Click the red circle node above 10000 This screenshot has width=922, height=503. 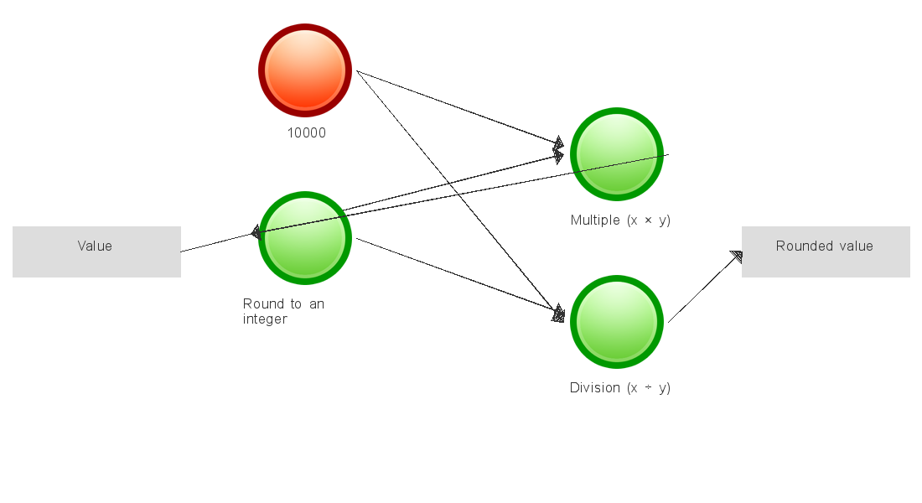[x=304, y=70]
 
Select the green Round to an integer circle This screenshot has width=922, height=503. [x=304, y=238]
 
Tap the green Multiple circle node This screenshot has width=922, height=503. [x=617, y=154]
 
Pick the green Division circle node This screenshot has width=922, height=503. [x=617, y=322]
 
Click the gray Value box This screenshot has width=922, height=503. [x=96, y=251]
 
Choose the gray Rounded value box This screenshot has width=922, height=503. [x=826, y=251]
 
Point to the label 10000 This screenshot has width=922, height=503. [x=307, y=132]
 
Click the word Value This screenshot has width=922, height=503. [x=95, y=246]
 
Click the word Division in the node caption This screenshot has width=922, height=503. [x=595, y=388]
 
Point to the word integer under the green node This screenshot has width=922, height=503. [x=265, y=319]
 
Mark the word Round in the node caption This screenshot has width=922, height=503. [x=261, y=303]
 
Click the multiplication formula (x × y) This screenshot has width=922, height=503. [x=649, y=220]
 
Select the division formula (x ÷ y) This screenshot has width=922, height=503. [x=649, y=388]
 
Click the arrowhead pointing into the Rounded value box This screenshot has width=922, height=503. [x=737, y=257]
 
